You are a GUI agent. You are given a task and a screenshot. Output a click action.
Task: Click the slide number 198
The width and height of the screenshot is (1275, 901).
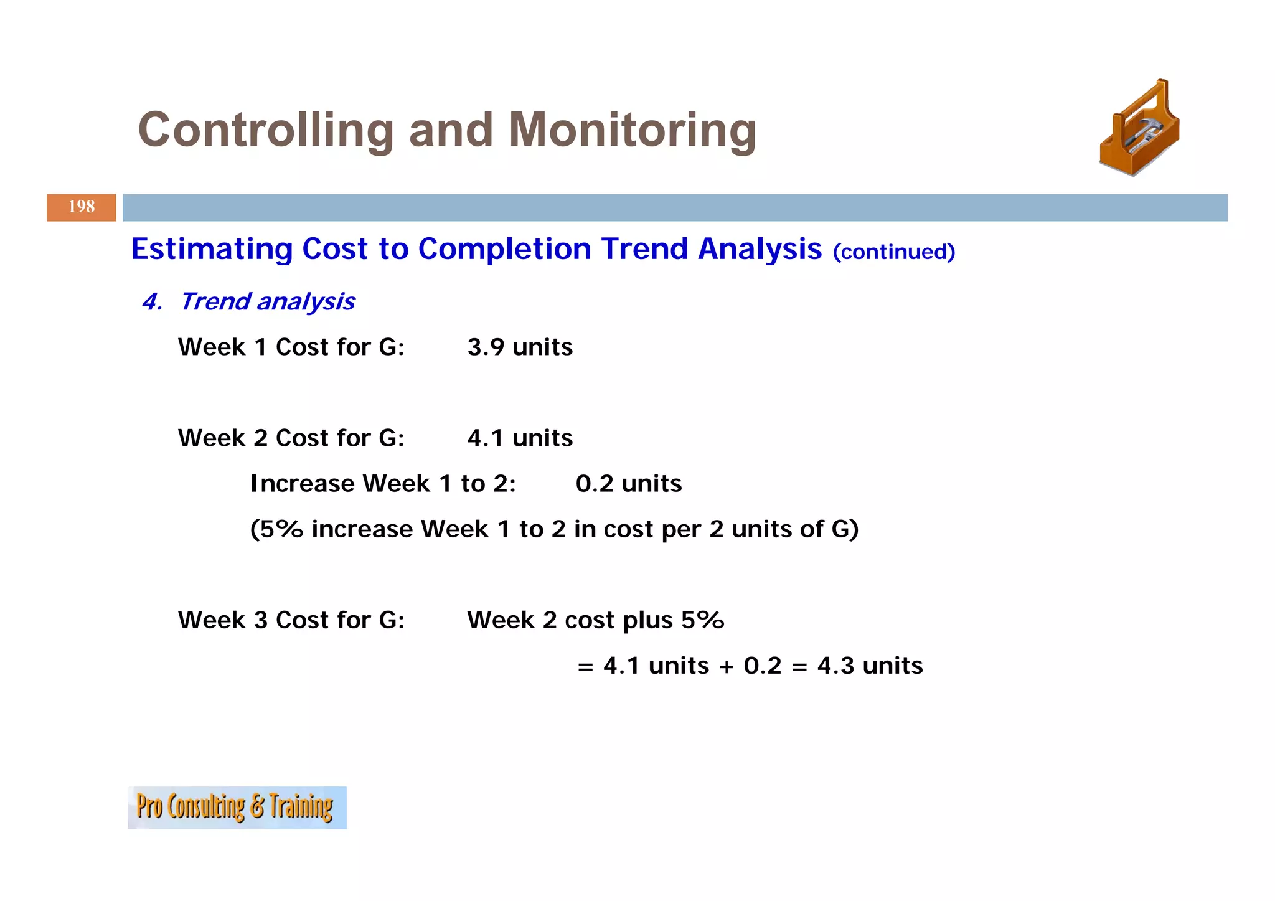tap(82, 207)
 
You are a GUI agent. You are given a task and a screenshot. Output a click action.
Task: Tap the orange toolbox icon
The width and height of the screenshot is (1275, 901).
tap(1139, 128)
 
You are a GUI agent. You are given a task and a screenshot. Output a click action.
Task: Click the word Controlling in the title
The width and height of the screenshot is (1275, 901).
tap(266, 130)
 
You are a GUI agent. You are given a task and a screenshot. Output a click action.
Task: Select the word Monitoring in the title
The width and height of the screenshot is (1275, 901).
tap(632, 130)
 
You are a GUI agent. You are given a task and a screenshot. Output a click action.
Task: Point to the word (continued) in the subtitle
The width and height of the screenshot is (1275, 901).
tap(893, 252)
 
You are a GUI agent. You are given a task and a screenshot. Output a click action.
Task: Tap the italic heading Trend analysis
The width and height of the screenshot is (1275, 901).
tap(268, 302)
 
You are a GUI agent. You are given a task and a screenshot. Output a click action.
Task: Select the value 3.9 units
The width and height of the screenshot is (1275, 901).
tap(520, 347)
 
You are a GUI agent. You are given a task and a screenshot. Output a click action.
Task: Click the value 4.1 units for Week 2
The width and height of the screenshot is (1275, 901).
tap(520, 438)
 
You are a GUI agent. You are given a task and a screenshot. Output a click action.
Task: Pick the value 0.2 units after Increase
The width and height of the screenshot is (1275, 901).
tap(628, 484)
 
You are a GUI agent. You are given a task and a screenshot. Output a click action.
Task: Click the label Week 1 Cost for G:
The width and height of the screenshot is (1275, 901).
tap(291, 347)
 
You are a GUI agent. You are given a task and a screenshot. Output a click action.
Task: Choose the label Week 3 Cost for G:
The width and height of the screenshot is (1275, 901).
tap(291, 620)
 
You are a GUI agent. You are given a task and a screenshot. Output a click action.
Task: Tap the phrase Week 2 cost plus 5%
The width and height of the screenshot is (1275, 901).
tap(595, 620)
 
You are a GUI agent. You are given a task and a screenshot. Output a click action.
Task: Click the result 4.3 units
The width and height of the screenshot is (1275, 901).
tap(870, 666)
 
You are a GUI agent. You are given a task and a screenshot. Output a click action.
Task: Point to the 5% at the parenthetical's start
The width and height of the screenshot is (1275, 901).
tap(281, 529)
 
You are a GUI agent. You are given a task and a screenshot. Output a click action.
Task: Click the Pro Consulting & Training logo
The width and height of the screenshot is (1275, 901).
tap(237, 808)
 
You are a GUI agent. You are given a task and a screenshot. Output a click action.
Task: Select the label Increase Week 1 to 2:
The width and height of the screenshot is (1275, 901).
tap(383, 484)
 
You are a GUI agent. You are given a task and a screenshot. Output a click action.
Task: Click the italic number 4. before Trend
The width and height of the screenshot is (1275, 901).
tap(152, 302)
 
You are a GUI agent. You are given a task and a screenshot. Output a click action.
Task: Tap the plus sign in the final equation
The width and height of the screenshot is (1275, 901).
tap(726, 667)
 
